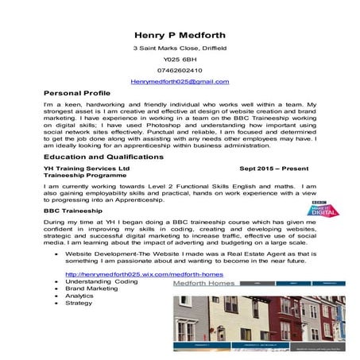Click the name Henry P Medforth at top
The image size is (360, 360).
coord(180,35)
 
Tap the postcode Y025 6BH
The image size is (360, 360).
coord(180,60)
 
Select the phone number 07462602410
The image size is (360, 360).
coord(180,70)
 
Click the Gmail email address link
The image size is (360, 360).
coord(180,81)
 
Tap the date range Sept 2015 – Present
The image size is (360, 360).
coord(275,169)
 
